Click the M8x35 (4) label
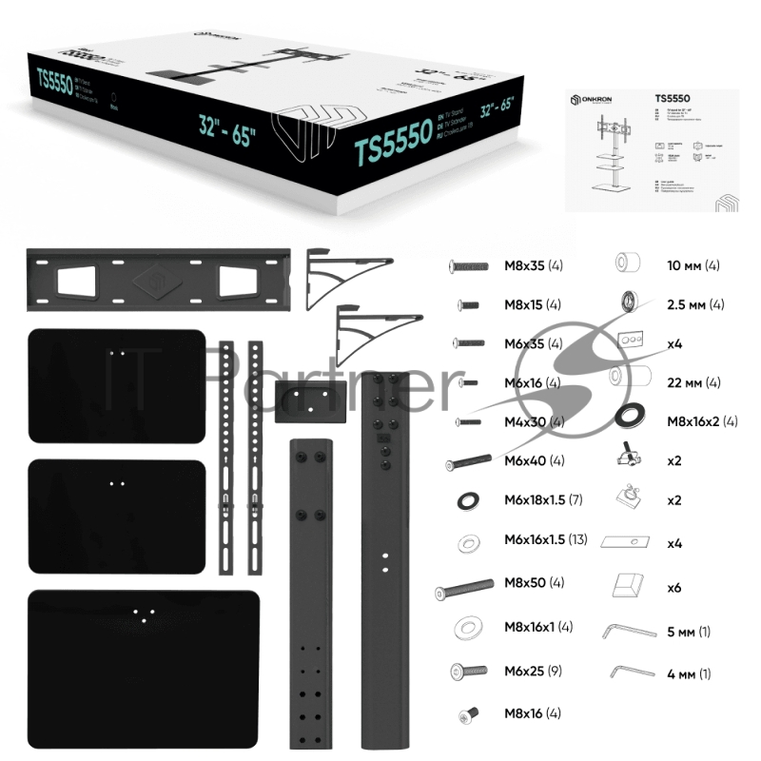[534, 265]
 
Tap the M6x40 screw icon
[467, 462]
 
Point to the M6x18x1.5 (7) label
[541, 500]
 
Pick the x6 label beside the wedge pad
[674, 588]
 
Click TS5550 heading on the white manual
[673, 97]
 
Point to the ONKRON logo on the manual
[594, 100]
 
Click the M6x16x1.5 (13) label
[545, 539]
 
